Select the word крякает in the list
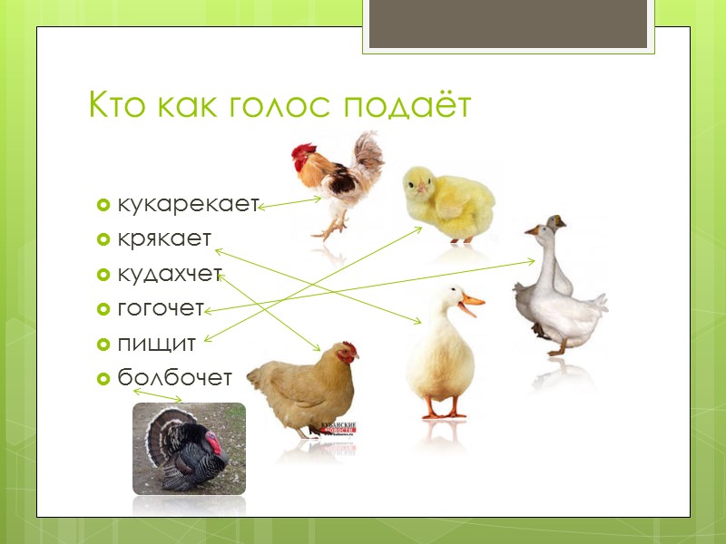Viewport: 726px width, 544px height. point(164,238)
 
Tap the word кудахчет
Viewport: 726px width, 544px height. point(170,274)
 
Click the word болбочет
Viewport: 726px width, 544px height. point(175,378)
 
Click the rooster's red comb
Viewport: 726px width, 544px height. point(303,151)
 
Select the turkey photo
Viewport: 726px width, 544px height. point(189,449)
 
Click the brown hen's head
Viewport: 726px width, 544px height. point(346,353)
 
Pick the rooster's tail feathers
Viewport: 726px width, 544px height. point(368,154)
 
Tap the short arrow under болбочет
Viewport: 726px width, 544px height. point(158,396)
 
